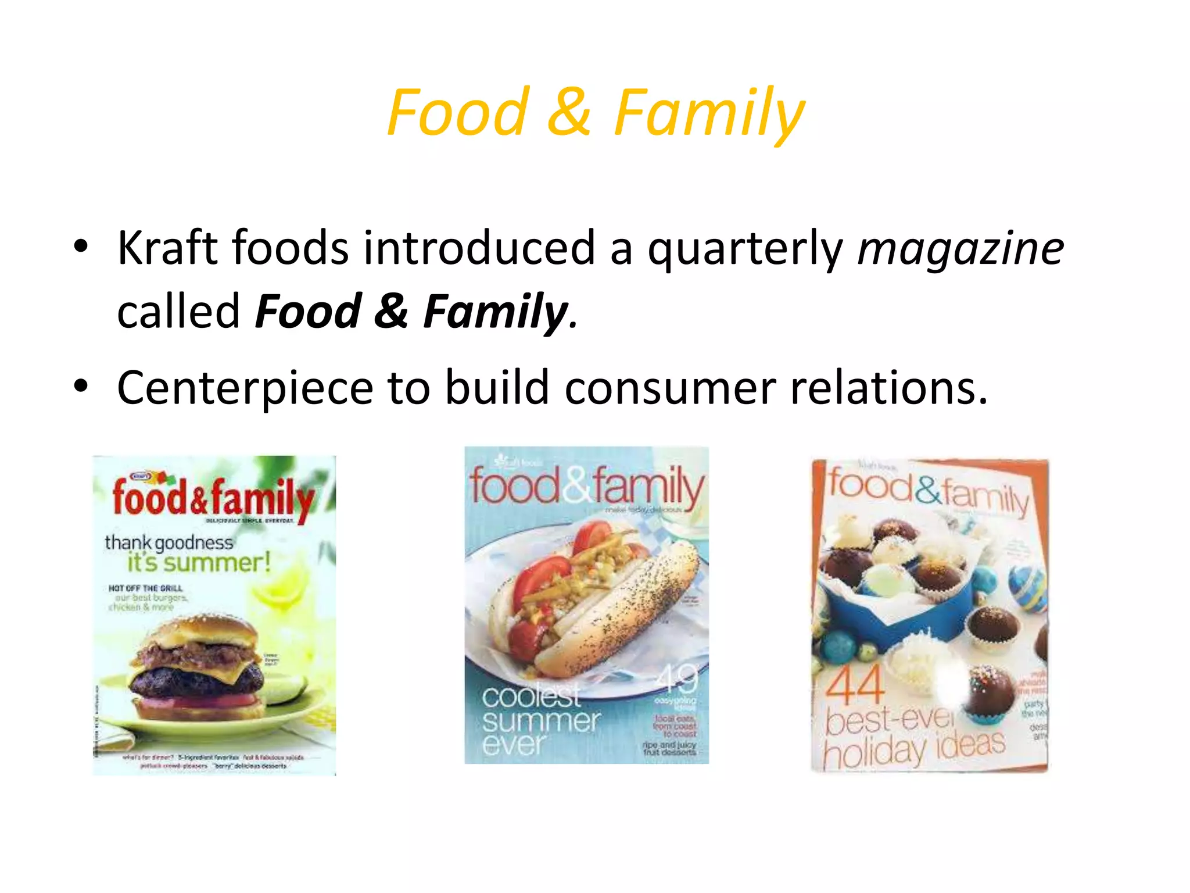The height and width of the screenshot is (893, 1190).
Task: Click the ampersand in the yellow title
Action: (569, 112)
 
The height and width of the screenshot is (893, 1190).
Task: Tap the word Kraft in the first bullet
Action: (167, 248)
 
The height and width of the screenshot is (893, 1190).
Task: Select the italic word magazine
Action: (960, 248)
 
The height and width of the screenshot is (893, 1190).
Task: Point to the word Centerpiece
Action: (245, 388)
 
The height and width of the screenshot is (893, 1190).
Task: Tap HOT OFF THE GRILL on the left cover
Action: (145, 588)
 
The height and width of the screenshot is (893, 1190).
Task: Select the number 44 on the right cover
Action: (855, 686)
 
